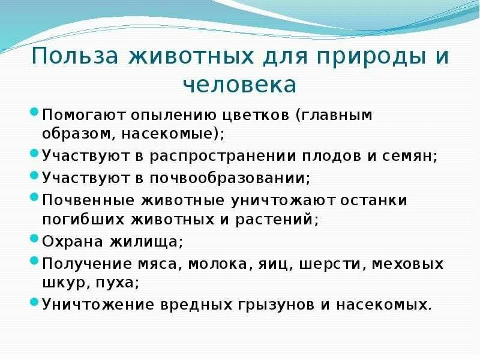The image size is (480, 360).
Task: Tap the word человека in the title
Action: (239, 85)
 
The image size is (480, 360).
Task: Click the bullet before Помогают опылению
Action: (35, 112)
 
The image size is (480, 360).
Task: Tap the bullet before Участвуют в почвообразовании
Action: (35, 176)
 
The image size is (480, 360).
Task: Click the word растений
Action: (286, 220)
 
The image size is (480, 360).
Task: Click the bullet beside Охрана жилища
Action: (35, 239)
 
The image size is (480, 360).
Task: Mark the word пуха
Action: (119, 283)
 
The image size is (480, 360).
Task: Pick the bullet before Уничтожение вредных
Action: (35, 302)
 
